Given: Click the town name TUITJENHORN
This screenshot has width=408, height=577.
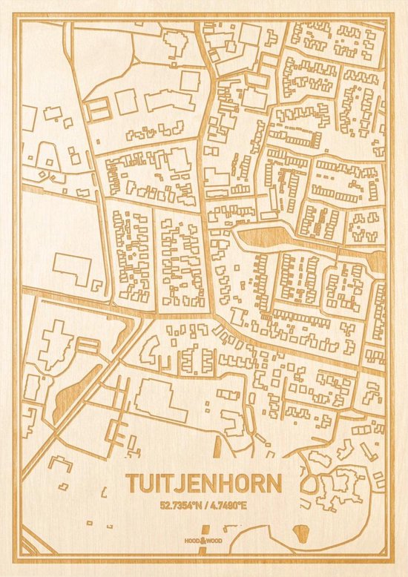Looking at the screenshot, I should coord(203,484).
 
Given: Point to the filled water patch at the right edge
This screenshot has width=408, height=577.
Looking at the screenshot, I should coord(378,260).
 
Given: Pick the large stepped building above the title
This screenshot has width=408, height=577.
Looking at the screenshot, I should coord(159,400).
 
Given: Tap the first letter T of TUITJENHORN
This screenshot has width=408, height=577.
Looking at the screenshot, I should coord(132,484).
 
